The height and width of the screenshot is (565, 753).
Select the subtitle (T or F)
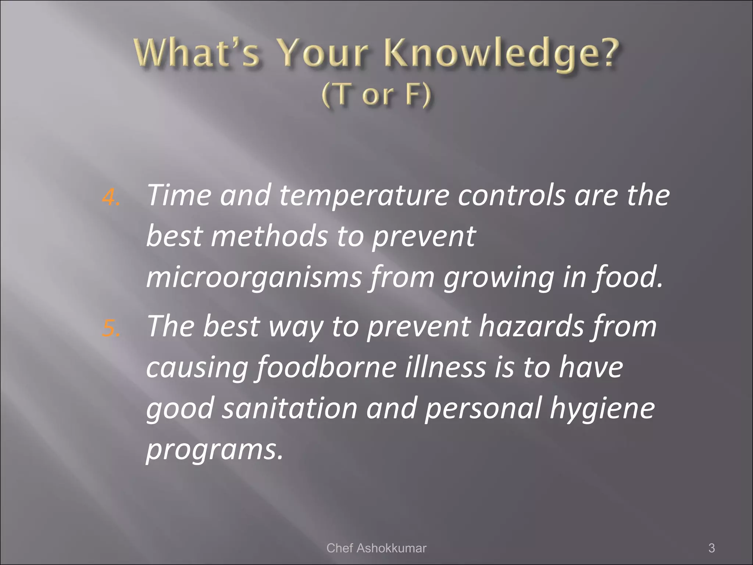point(376,95)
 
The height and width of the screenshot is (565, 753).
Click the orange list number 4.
point(110,198)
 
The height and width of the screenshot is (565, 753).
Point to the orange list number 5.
point(110,328)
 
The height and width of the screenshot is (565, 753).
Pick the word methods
point(269,236)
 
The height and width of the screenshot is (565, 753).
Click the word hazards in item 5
point(531,326)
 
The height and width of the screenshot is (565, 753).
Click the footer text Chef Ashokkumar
point(376,548)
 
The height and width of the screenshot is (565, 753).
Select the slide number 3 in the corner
point(711,548)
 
